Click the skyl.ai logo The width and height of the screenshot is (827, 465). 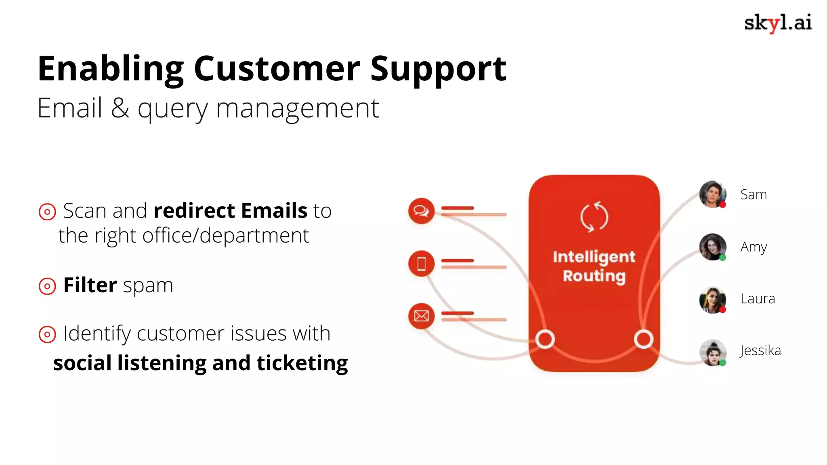pyautogui.click(x=778, y=23)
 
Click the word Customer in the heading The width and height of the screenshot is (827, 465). pyautogui.click(x=277, y=69)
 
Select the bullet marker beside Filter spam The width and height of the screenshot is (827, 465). pyautogui.click(x=47, y=286)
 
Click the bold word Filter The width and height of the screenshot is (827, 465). pyautogui.click(x=90, y=285)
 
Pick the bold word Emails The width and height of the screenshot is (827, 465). pyautogui.click(x=275, y=211)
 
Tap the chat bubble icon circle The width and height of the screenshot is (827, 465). pyautogui.click(x=421, y=211)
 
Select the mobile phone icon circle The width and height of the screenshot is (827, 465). pyautogui.click(x=421, y=264)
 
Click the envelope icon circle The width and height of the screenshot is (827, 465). pyautogui.click(x=421, y=316)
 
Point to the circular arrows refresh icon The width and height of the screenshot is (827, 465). pyautogui.click(x=594, y=217)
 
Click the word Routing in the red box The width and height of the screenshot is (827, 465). pyautogui.click(x=594, y=276)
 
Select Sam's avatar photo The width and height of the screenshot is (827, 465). pyautogui.click(x=712, y=194)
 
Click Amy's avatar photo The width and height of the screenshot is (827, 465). pyautogui.click(x=712, y=246)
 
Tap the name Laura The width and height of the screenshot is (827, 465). pyautogui.click(x=758, y=299)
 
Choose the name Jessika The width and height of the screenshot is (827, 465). pyautogui.click(x=760, y=350)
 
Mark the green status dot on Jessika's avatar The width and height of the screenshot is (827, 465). pyautogui.click(x=723, y=362)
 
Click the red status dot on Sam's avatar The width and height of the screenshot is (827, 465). pyautogui.click(x=723, y=205)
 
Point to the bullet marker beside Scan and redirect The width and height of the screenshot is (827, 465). pyautogui.click(x=47, y=212)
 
